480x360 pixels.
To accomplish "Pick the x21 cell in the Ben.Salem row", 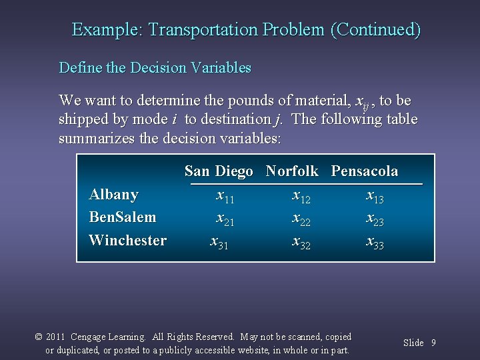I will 225,219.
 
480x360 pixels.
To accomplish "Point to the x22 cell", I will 302,219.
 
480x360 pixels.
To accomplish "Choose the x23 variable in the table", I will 375,219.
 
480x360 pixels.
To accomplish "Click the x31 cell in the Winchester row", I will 219,242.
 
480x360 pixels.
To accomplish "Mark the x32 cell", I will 302,242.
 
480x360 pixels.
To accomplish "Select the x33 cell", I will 375,242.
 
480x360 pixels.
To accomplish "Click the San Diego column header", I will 219,171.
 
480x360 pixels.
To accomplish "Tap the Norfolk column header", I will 292,171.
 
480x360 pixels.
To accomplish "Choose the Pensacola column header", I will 365,171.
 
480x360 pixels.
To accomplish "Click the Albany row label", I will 113,195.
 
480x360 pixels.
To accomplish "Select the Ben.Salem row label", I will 123,217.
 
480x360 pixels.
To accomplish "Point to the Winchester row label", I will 127,241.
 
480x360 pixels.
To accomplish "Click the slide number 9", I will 433,343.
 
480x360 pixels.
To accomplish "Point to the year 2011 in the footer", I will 55,337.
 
